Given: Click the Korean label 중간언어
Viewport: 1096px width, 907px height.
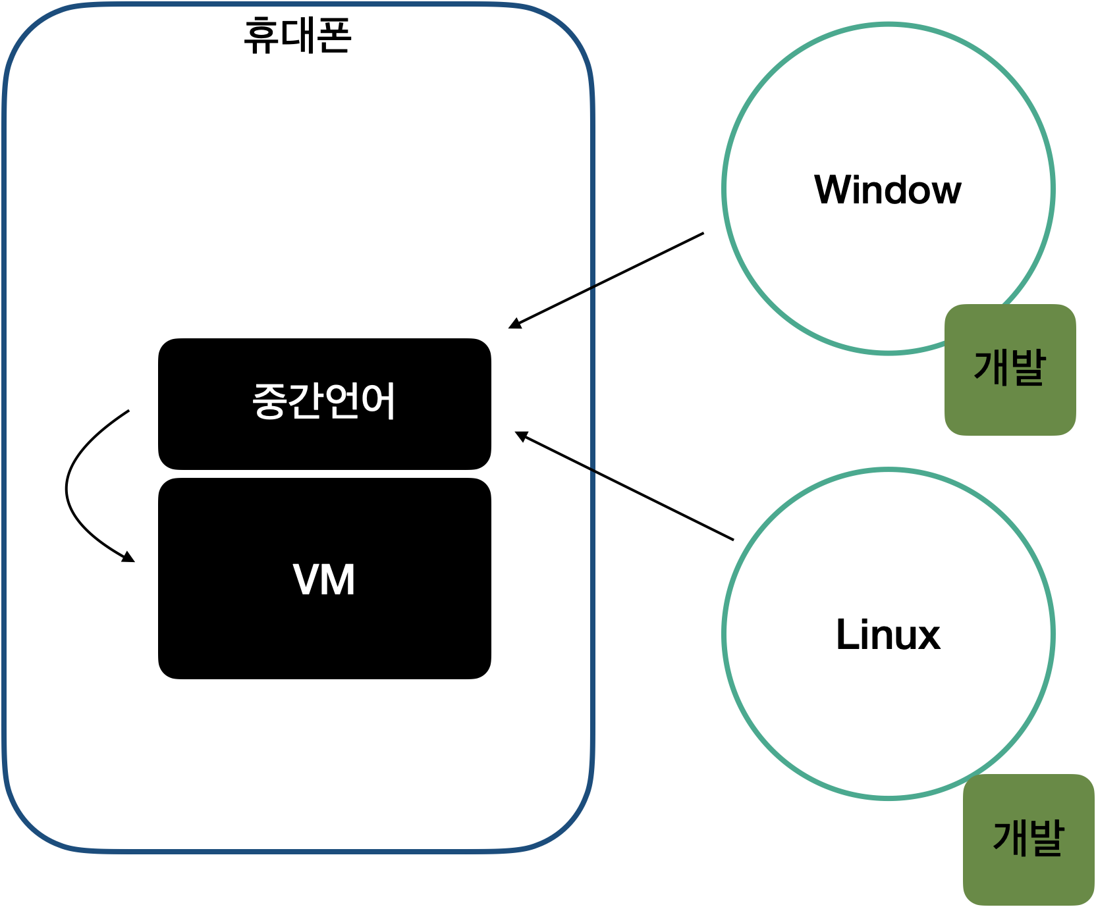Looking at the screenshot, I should [x=324, y=400].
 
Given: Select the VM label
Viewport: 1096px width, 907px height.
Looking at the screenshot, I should [x=324, y=580].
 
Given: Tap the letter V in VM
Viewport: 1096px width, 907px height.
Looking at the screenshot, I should [x=306, y=580].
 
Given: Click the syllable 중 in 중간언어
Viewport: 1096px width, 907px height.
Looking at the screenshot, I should [x=269, y=400].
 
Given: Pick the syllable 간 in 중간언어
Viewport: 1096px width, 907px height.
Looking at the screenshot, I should [x=306, y=400].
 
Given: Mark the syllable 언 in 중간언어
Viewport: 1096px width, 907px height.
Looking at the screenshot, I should [x=342, y=400].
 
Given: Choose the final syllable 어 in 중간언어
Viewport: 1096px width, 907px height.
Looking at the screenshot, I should [x=379, y=400].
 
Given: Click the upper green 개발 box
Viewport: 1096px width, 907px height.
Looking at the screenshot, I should [x=1010, y=369].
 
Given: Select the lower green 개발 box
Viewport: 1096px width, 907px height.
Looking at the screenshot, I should [x=1028, y=839].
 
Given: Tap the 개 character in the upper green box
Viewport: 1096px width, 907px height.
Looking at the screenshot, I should [x=991, y=367].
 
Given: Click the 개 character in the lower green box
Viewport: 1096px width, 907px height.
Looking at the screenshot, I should [x=1010, y=837].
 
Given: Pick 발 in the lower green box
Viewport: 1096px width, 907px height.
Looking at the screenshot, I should [x=1047, y=837].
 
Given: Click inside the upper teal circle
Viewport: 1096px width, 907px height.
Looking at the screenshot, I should [x=888, y=189].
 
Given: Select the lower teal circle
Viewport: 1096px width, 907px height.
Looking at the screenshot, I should [x=888, y=634].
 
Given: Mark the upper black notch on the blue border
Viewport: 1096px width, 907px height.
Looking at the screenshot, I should [x=593, y=288].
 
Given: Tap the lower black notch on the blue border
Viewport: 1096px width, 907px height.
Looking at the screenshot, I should [x=593, y=470].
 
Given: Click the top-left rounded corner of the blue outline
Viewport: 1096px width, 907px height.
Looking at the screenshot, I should [x=26, y=26].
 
